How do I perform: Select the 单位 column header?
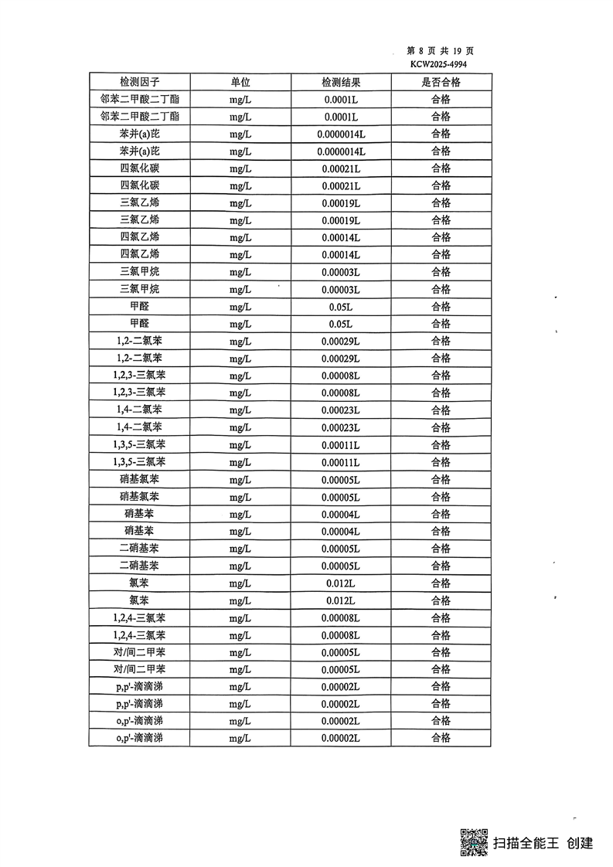pos(240,82)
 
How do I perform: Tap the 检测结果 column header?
pos(341,82)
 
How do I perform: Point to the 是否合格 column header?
pos(441,82)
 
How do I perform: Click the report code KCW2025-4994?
pos(438,65)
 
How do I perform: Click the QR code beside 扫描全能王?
pos(474,841)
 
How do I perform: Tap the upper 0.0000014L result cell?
pos(341,134)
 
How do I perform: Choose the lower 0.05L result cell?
pos(341,324)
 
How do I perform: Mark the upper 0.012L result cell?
pos(341,583)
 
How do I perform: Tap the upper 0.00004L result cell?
pos(341,514)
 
